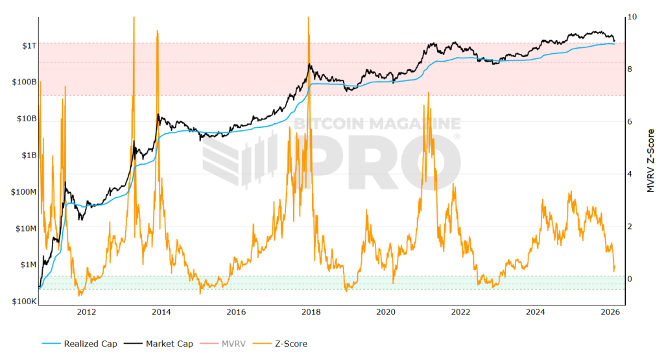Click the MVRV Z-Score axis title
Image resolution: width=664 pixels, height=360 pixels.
pos(650,160)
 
